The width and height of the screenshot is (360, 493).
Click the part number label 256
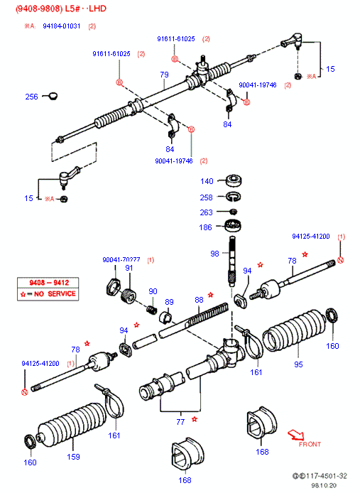coord(31,97)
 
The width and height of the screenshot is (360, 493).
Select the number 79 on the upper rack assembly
coord(164,75)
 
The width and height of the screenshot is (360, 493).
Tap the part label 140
coord(206,181)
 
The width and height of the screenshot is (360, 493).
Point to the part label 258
coord(206,197)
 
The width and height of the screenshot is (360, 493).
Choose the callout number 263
coord(206,212)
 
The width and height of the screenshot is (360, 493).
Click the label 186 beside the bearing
coord(206,227)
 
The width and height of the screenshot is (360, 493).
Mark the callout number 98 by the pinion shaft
coord(214,254)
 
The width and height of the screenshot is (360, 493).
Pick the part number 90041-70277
coord(121,260)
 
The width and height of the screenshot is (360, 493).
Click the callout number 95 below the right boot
coord(298,364)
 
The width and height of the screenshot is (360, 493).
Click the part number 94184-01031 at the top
coord(61,26)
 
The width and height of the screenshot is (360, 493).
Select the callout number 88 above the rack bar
coord(199,299)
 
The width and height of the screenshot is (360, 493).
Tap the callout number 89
coord(169,301)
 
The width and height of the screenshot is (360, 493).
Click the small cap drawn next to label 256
coord(51,95)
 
